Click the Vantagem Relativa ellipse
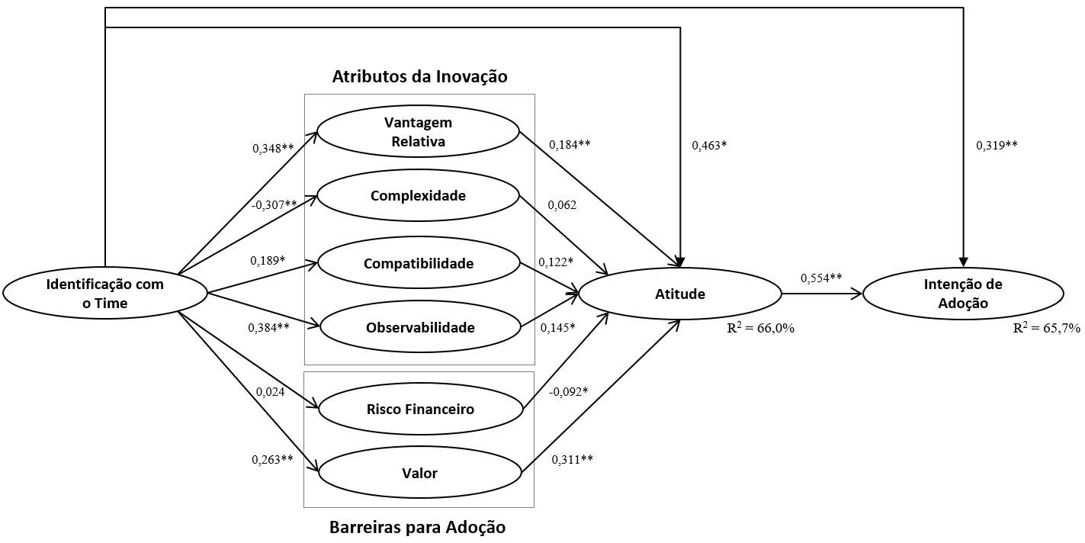click(418, 132)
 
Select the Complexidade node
click(418, 196)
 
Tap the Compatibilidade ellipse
click(418, 264)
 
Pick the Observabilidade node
click(419, 328)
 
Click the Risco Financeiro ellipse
click(419, 410)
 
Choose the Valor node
click(419, 474)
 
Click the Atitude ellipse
click(680, 294)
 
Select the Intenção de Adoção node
click(963, 294)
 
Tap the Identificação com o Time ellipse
click(105, 294)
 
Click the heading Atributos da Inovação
click(419, 77)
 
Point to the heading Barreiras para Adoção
click(417, 527)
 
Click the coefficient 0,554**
click(821, 278)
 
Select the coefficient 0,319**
click(997, 145)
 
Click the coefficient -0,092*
click(569, 391)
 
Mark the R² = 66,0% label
click(762, 329)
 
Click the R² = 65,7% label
click(1046, 328)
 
